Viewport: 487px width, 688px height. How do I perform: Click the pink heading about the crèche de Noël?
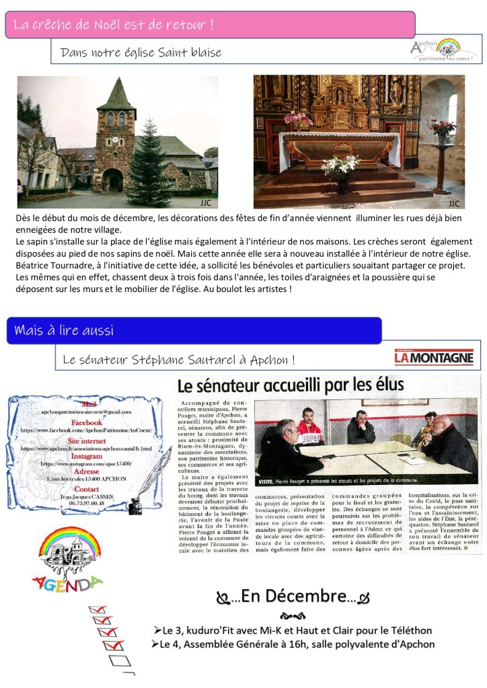[x=114, y=26]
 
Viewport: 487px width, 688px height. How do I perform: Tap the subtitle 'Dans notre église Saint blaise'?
[x=141, y=52]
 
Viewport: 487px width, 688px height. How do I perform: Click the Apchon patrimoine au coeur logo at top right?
[x=445, y=50]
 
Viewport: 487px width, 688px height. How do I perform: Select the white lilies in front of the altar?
[x=341, y=166]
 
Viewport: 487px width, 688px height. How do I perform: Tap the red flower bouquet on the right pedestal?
[x=443, y=127]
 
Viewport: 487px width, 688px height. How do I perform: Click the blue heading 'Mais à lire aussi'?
[x=64, y=330]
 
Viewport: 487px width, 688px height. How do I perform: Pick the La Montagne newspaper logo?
[x=435, y=357]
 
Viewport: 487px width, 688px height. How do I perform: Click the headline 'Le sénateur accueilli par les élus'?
[x=291, y=384]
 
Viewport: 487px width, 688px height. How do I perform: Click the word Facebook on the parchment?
[x=87, y=422]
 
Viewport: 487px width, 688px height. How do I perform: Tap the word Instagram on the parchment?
[x=85, y=456]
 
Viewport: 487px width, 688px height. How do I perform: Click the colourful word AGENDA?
[x=67, y=582]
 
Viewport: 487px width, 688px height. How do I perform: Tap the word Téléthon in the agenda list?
[x=408, y=630]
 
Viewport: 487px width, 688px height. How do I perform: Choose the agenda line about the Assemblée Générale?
[x=293, y=644]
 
